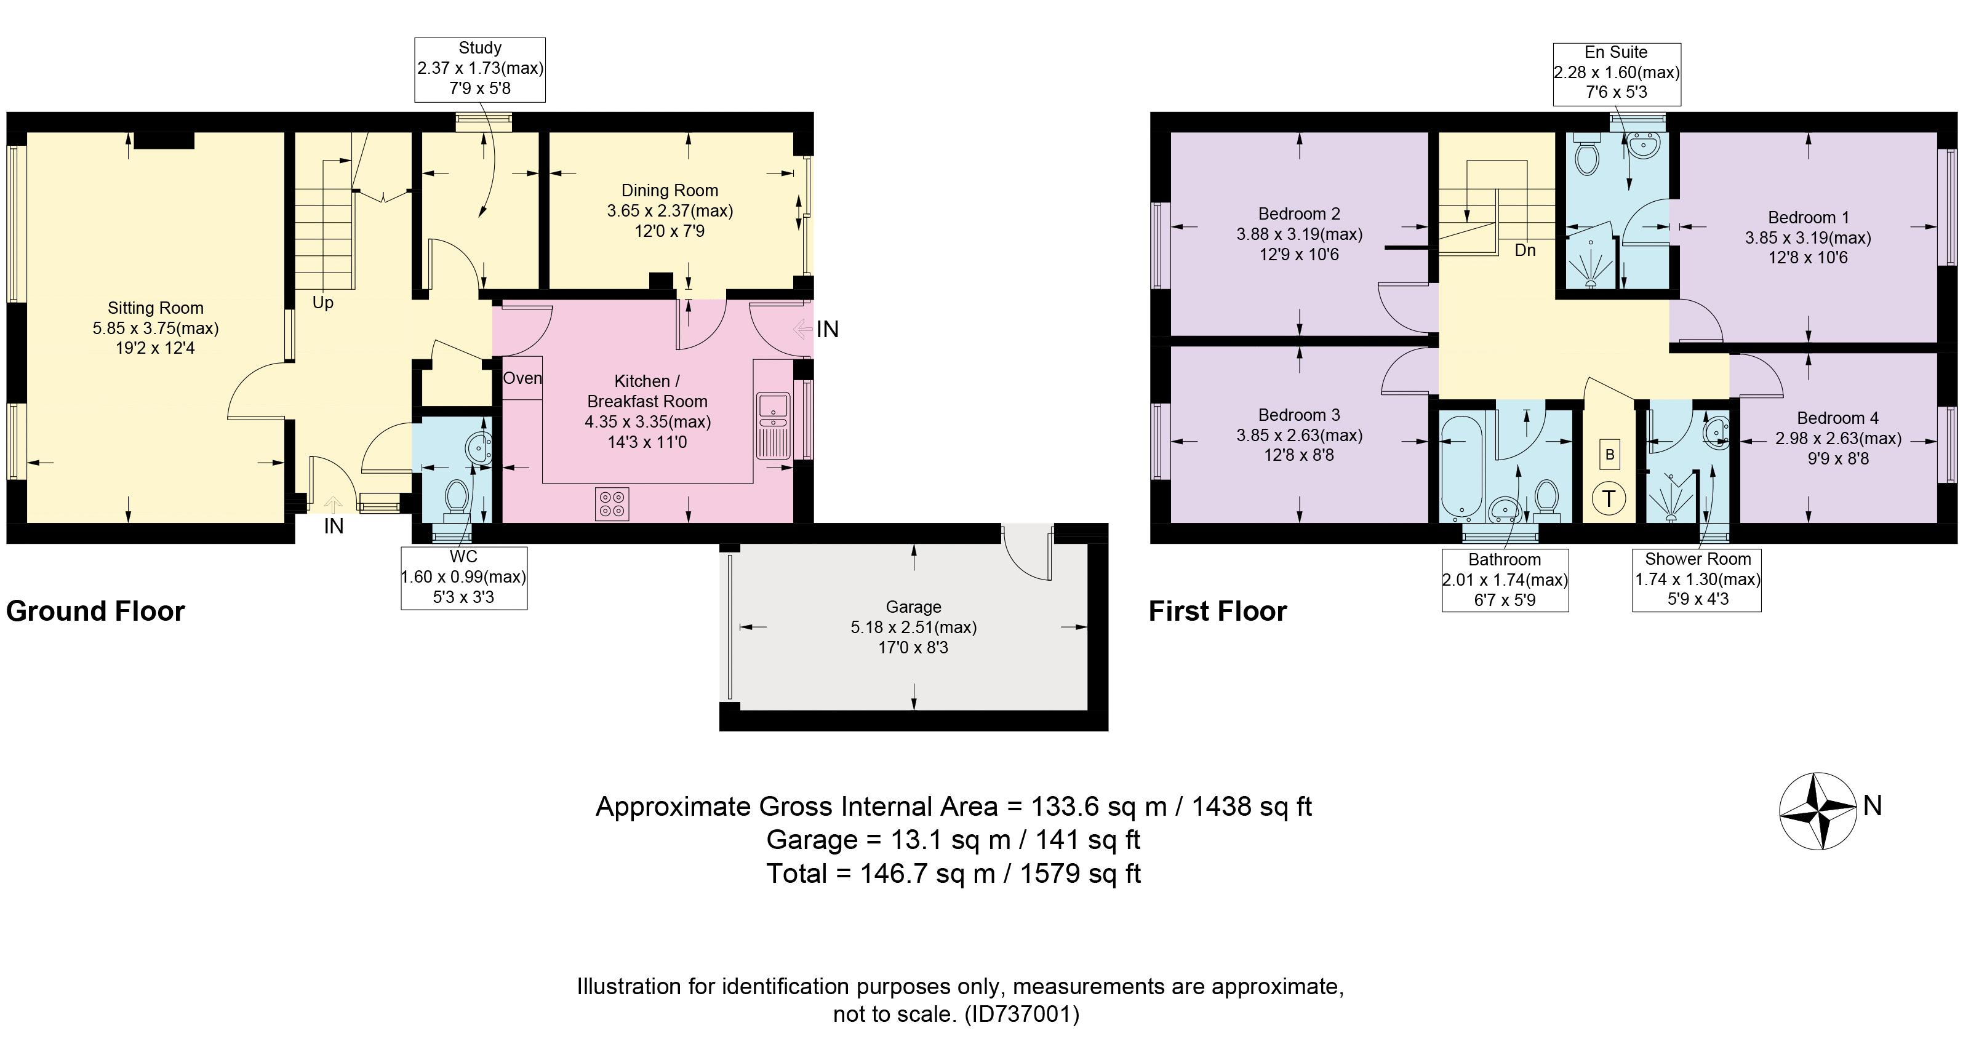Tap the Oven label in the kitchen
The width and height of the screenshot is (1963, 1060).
[522, 378]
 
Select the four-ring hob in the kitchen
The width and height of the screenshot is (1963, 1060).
[612, 504]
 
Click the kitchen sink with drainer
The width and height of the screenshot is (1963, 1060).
[773, 425]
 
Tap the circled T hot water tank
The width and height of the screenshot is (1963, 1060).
[1609, 499]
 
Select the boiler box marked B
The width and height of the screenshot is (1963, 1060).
[1609, 455]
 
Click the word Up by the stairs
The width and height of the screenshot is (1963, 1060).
[323, 303]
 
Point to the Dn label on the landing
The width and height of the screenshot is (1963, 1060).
[1525, 250]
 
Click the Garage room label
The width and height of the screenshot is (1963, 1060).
[913, 607]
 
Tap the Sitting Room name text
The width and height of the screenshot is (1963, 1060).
[156, 308]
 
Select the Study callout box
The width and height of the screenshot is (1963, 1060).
[480, 70]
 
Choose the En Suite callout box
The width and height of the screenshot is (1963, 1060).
[1617, 74]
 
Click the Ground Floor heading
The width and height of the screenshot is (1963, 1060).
[95, 611]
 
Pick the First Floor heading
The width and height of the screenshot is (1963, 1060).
[1218, 611]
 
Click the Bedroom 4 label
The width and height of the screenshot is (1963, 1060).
[1837, 418]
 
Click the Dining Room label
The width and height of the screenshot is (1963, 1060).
[670, 191]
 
